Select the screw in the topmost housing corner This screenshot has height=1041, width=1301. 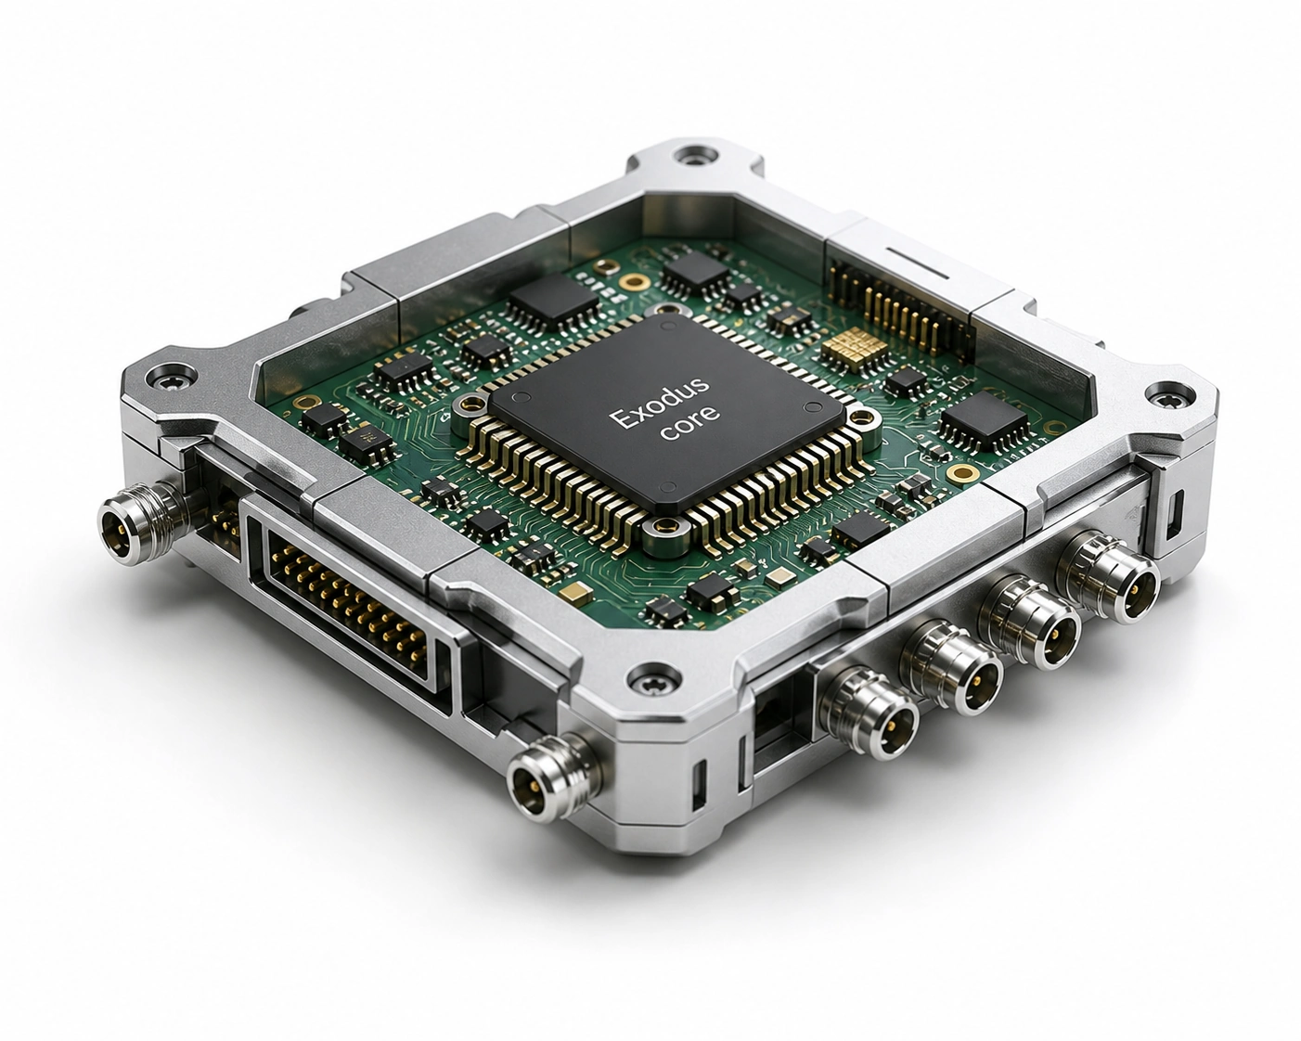pyautogui.click(x=692, y=156)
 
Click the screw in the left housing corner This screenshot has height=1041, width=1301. pyautogui.click(x=172, y=376)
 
